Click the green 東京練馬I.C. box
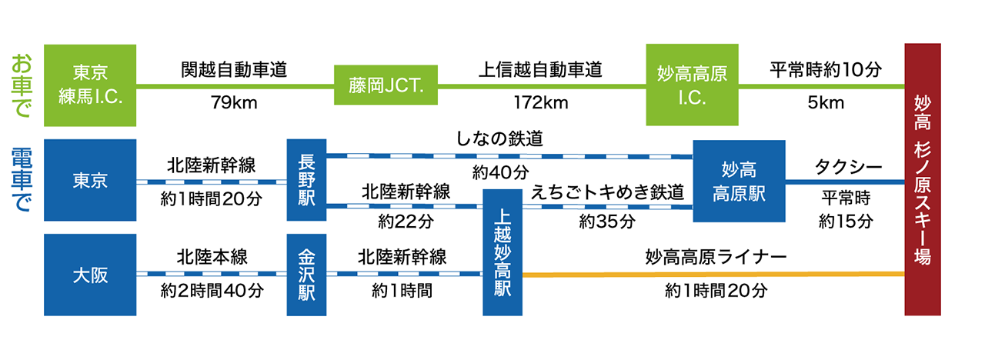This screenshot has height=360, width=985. click(90, 85)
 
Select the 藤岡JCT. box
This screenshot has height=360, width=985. click(385, 85)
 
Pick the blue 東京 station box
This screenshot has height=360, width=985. click(90, 180)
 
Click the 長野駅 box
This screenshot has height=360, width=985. click(306, 180)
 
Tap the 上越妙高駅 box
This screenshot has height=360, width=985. click(503, 252)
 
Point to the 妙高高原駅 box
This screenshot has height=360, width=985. click(739, 181)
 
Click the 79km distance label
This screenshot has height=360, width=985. click(233, 102)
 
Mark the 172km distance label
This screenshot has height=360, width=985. click(539, 102)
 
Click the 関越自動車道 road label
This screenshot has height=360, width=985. click(234, 69)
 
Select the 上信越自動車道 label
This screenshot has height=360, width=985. click(539, 69)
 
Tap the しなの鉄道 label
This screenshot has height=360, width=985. click(499, 139)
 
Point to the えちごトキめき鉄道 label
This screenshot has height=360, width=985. click(607, 193)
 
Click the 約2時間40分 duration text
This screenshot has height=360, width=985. click(212, 292)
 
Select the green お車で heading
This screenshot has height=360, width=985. click(22, 85)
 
